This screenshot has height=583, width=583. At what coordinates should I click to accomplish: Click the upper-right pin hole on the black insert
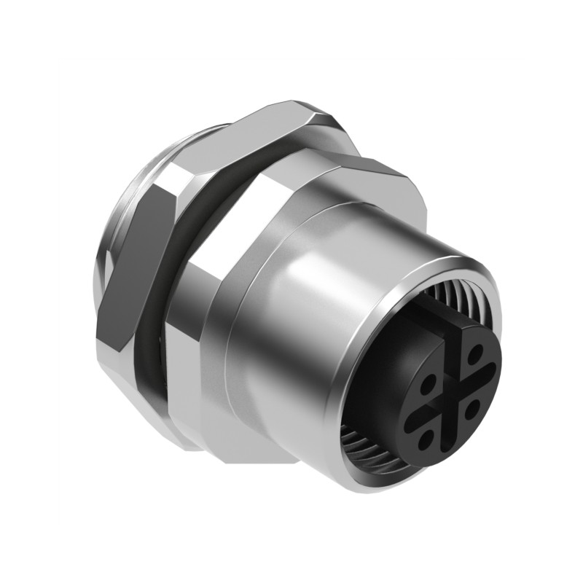coord(474,356)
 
